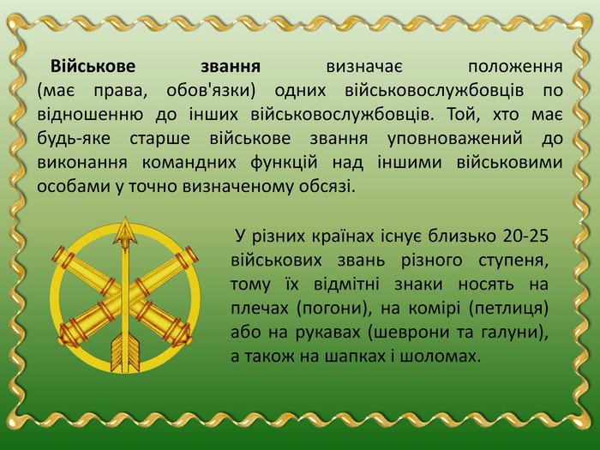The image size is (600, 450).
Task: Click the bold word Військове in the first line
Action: pos(90,66)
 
